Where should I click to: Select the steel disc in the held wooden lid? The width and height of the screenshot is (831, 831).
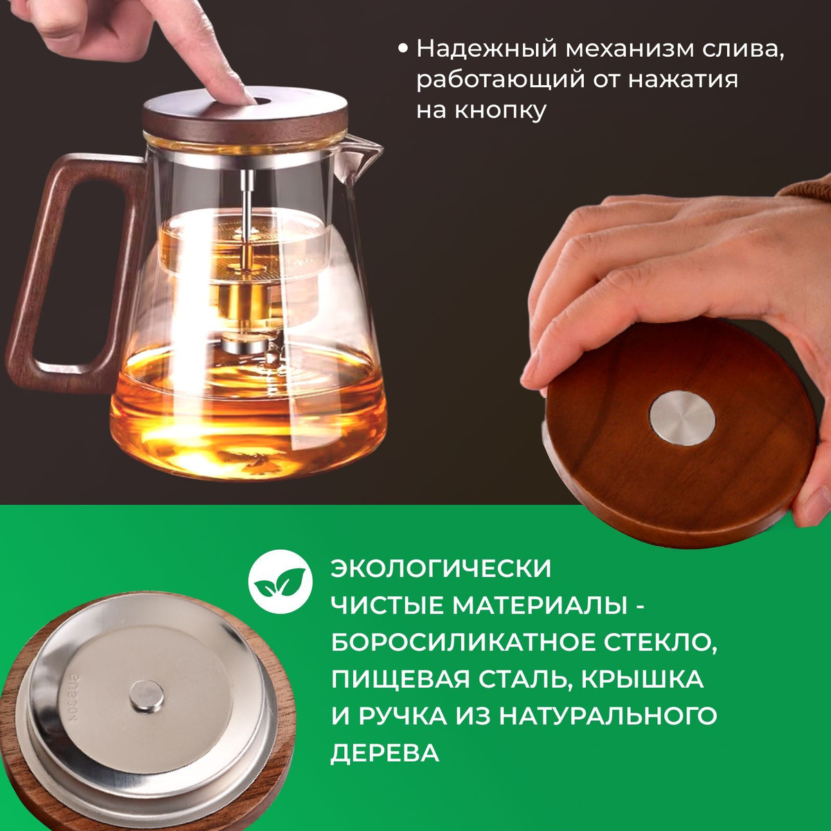pos(682,418)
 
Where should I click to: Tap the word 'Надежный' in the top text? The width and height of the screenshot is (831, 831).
pos(486,49)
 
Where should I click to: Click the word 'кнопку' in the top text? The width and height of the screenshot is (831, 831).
pos(501,111)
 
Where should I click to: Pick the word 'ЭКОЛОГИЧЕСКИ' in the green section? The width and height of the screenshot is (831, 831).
pos(440,569)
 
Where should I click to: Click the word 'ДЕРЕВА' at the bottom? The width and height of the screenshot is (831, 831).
pos(384,753)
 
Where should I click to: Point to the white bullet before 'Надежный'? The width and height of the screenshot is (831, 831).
pos(403,50)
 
